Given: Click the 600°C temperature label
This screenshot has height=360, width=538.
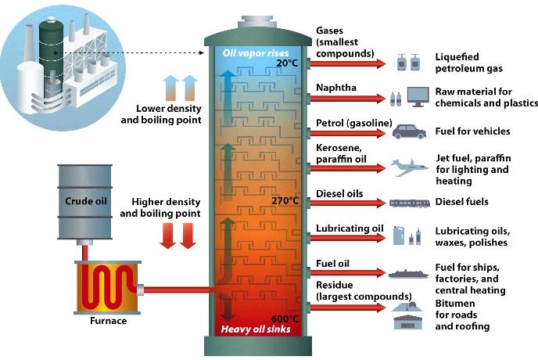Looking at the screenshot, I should [284, 318].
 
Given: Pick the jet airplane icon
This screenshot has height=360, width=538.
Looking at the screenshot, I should [410, 166].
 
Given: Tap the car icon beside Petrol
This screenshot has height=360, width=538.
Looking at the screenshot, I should [409, 131].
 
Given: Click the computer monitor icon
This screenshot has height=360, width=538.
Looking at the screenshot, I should [418, 96].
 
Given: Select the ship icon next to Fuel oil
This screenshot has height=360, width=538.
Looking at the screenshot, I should [410, 273].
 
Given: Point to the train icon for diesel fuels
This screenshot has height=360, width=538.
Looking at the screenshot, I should [410, 203].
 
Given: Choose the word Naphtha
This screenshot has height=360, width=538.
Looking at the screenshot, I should [335, 88].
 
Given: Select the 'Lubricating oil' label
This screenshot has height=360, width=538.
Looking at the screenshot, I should [349, 229].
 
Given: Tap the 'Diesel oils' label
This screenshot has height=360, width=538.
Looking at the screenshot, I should [341, 193].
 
